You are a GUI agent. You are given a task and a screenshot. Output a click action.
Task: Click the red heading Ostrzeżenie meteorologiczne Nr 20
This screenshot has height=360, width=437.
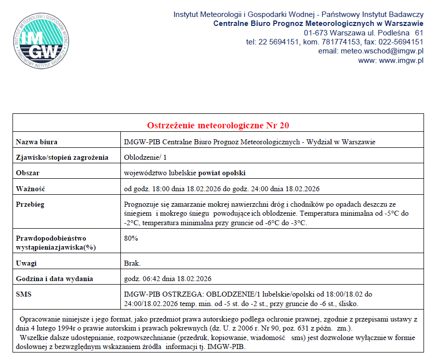pos(218,125)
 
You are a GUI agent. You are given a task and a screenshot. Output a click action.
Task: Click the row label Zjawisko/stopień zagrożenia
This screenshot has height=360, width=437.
pos(62,157)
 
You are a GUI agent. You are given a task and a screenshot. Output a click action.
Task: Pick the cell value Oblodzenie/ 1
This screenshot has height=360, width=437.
pos(146,157)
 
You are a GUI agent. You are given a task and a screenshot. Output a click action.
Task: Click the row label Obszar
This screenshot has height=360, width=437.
pos(27,173)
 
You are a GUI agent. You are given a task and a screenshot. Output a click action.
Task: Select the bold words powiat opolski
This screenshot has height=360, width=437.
pos(222,173)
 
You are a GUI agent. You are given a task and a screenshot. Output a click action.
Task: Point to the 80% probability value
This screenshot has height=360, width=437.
pos(131,238)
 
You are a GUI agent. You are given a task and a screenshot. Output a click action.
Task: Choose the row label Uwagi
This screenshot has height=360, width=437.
pos(26,263)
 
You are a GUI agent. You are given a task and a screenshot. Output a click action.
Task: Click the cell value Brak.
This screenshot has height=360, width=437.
pos(132,263)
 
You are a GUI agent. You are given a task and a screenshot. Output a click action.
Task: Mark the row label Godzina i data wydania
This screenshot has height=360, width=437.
pos(54,279)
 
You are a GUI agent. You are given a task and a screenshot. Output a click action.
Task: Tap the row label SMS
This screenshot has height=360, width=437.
pos(23,294)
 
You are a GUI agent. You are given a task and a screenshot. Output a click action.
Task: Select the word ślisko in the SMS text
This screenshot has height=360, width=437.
pos(348,303)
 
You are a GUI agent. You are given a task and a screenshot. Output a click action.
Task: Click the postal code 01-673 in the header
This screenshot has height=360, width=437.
pos(314,32)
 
